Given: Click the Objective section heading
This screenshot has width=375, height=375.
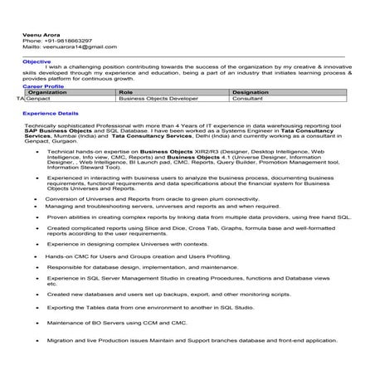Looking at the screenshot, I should click(36, 61).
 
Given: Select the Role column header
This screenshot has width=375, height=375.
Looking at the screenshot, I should click(126, 92).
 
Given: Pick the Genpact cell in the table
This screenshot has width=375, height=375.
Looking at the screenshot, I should click(38, 98).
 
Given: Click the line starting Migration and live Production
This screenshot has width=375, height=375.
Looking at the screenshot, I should click(192, 340).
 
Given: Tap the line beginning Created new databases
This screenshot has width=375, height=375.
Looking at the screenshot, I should click(169, 294).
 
